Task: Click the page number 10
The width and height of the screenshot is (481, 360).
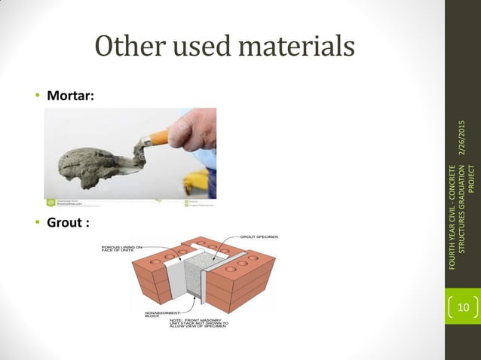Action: pyautogui.click(x=460, y=307)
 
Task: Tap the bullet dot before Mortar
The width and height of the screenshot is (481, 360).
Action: pyautogui.click(x=36, y=97)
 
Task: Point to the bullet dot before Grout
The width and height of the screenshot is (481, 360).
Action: pyautogui.click(x=36, y=224)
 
